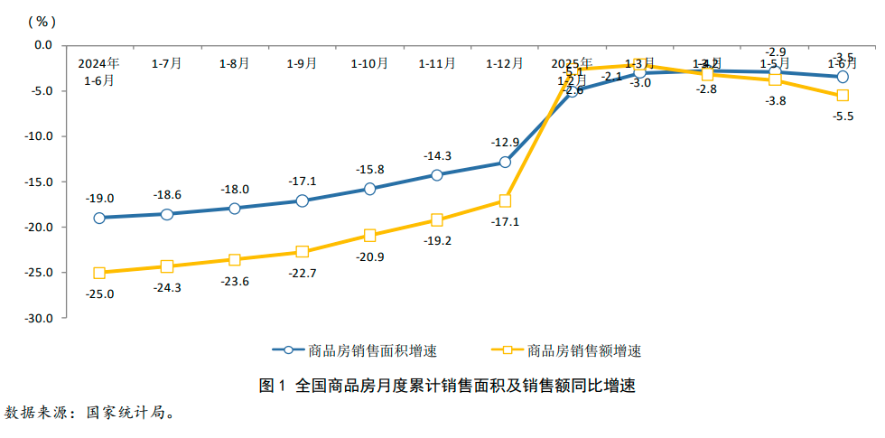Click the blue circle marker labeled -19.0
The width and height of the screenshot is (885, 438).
point(99,218)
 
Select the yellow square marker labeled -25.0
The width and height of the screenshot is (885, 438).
point(99,273)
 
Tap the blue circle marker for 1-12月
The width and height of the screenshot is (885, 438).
point(505,163)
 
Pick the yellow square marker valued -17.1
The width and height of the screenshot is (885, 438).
point(505,200)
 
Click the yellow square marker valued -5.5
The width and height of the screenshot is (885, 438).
point(843,96)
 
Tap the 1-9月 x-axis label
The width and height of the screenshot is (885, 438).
point(302,63)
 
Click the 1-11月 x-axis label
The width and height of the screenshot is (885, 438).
point(437,63)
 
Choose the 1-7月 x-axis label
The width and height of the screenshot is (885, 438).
point(166,63)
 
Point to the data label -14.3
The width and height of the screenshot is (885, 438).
point(438,155)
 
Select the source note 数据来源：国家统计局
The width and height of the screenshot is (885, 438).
point(88,413)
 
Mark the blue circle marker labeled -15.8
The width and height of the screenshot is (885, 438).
point(369,189)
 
